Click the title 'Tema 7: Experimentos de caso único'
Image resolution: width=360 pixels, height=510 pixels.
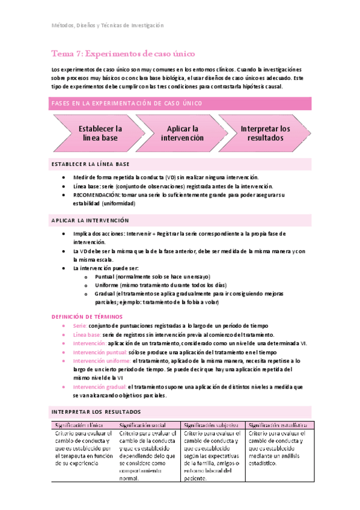coord(111,54)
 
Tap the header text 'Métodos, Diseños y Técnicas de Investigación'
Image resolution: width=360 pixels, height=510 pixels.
coord(106,25)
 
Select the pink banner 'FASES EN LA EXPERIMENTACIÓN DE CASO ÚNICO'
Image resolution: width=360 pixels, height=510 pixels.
coord(126,103)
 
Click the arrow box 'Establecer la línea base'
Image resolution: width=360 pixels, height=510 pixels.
coord(100,134)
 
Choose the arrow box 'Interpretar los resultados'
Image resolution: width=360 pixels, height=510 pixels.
coord(265,134)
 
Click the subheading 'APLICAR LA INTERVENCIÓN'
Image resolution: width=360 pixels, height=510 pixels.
coord(90,221)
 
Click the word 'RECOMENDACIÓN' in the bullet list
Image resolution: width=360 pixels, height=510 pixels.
coord(96,195)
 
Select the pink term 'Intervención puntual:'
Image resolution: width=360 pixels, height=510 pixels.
coord(100,352)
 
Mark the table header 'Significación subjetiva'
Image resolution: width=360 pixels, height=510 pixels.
coord(212,425)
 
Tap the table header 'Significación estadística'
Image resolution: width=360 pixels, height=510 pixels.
coord(278,425)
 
